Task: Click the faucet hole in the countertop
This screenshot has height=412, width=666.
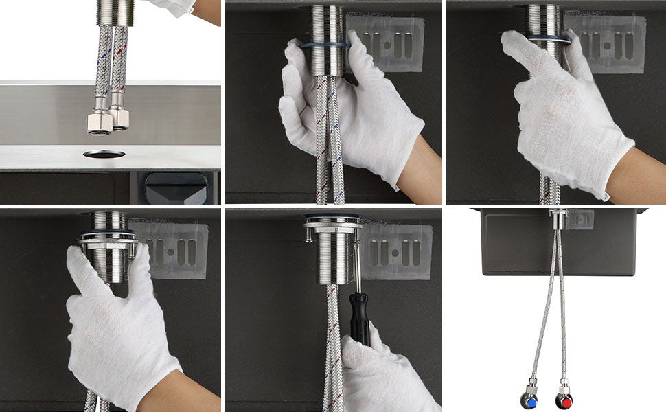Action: coord(104,154)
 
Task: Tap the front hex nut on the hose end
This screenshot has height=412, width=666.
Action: coord(100,123)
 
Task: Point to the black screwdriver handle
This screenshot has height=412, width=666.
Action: coord(359,317)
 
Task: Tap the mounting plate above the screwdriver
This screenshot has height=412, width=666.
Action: coord(333,222)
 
